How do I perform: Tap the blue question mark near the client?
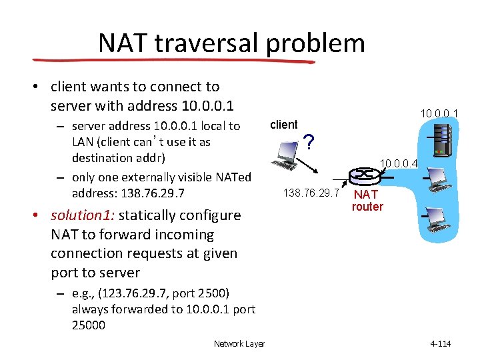pyautogui.click(x=308, y=142)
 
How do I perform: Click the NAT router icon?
pyautogui.click(x=365, y=175)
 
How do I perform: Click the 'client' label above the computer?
pyautogui.click(x=284, y=125)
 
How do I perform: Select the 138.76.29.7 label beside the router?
pyautogui.click(x=311, y=194)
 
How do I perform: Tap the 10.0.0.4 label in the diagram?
pyautogui.click(x=399, y=162)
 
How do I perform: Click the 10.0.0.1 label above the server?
pyautogui.click(x=439, y=114)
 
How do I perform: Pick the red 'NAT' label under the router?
pyautogui.click(x=365, y=195)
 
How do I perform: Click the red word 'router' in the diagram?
pyautogui.click(x=367, y=207)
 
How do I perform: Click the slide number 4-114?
pyautogui.click(x=440, y=344)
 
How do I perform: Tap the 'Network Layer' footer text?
pyautogui.click(x=239, y=344)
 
